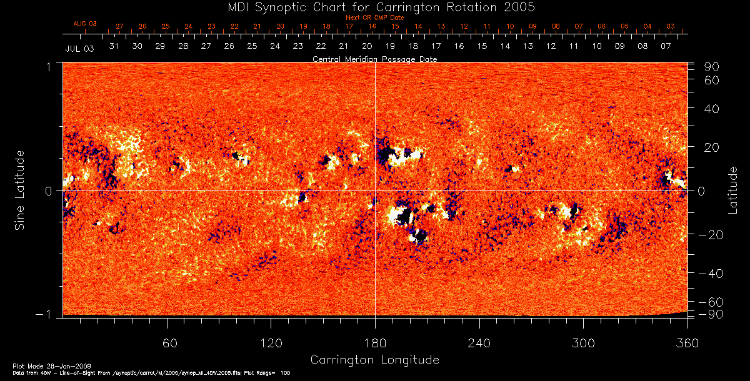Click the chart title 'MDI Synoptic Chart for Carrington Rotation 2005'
point(375,7)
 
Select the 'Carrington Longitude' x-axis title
point(374,360)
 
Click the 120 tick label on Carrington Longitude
point(271,343)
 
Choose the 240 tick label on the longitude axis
point(479,343)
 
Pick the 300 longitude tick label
point(582,343)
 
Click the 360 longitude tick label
point(687,343)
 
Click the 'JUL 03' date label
point(79,48)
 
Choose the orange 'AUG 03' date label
point(85,24)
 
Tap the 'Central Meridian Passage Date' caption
point(374,59)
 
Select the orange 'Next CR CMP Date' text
point(374,17)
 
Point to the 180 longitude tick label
point(374,343)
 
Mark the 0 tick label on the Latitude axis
point(701,191)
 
